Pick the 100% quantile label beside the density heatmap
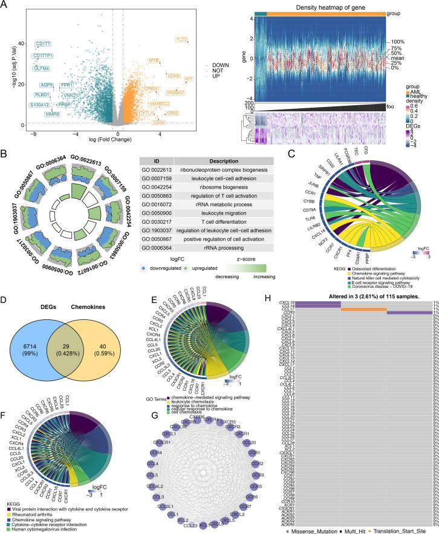[398, 41]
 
